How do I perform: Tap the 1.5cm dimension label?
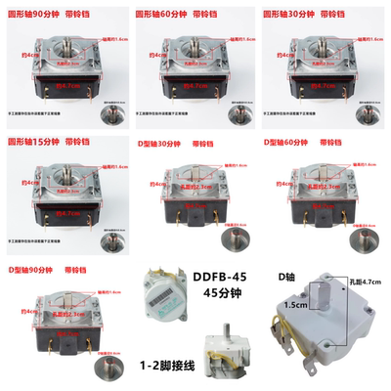coord(288,304)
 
